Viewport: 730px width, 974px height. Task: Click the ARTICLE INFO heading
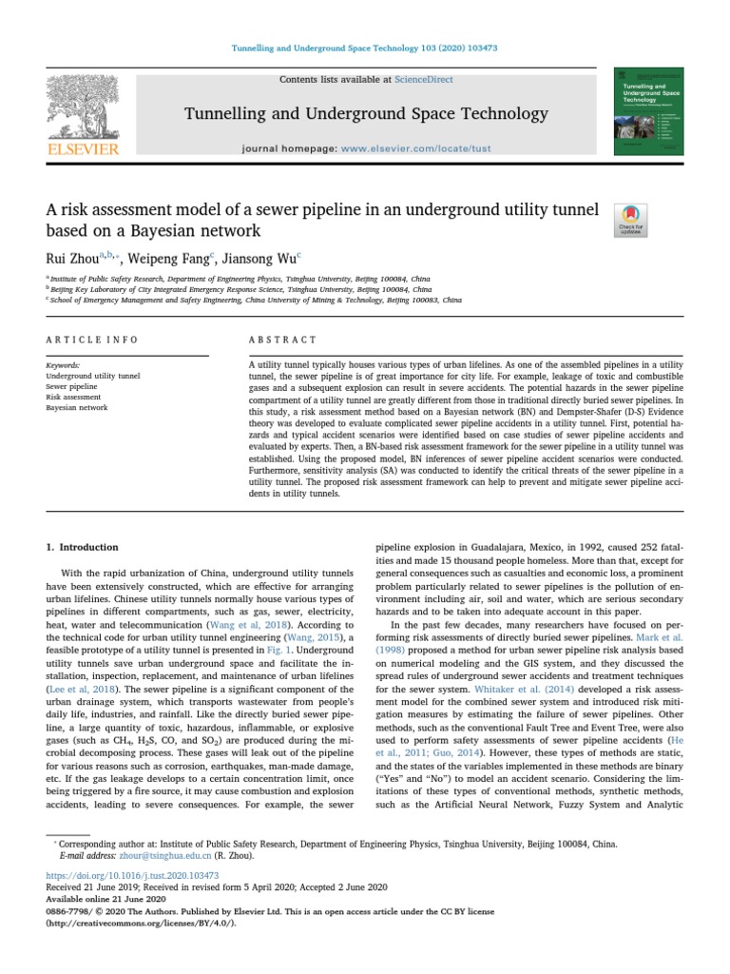[x=92, y=340]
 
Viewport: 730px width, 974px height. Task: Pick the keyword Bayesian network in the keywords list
[x=77, y=407]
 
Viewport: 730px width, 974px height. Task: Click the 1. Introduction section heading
[x=83, y=547]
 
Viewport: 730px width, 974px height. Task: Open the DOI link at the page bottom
[x=132, y=874]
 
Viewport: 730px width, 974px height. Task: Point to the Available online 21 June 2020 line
[x=106, y=898]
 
